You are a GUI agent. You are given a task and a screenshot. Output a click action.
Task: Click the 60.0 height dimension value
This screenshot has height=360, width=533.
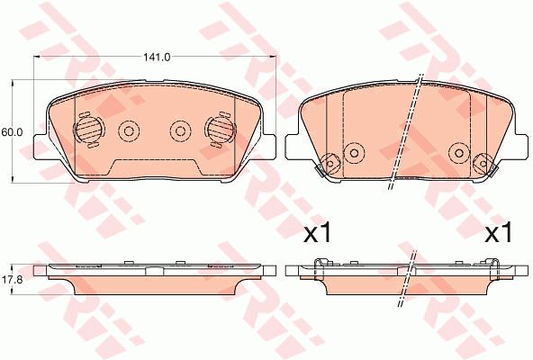(12, 132)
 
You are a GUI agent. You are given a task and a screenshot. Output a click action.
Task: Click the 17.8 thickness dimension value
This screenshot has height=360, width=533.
(12, 280)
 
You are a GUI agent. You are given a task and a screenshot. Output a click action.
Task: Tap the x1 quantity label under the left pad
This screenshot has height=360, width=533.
(317, 232)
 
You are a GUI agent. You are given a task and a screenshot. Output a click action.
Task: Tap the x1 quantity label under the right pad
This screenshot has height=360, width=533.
(498, 232)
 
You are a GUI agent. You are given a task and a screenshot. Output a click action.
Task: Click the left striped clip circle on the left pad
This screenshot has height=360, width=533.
(88, 130)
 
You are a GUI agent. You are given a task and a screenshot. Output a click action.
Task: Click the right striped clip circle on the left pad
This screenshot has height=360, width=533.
(221, 130)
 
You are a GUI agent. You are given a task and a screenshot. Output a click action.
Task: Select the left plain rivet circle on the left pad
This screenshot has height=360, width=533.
(129, 130)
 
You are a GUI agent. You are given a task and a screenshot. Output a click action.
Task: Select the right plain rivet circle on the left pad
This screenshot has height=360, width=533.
(180, 130)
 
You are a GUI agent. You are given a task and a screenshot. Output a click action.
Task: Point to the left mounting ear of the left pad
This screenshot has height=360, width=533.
(41, 146)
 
